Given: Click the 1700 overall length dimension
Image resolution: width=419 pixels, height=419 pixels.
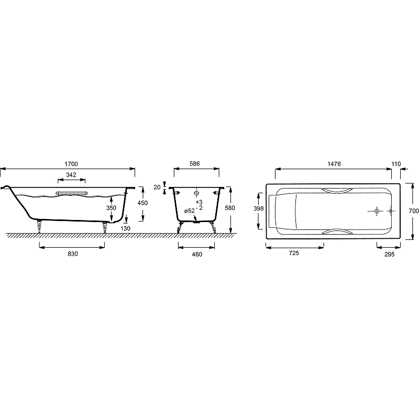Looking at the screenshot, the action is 71,164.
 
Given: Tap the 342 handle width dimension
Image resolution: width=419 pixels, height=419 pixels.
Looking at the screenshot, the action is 71,175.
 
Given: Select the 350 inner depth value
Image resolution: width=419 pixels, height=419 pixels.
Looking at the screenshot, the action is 111,207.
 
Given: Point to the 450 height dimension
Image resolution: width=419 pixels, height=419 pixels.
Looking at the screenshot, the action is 142,203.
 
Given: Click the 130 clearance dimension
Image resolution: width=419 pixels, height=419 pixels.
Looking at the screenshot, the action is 125,228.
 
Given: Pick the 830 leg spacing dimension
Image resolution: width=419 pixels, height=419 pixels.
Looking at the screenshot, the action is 72,253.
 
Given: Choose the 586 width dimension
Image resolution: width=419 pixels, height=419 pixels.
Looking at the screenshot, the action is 194,163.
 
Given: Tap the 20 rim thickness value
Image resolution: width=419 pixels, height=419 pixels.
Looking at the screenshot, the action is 157,187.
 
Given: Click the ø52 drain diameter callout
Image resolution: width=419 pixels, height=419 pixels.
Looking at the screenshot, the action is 190,211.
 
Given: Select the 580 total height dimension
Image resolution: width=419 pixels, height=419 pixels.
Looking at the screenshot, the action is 230,207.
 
